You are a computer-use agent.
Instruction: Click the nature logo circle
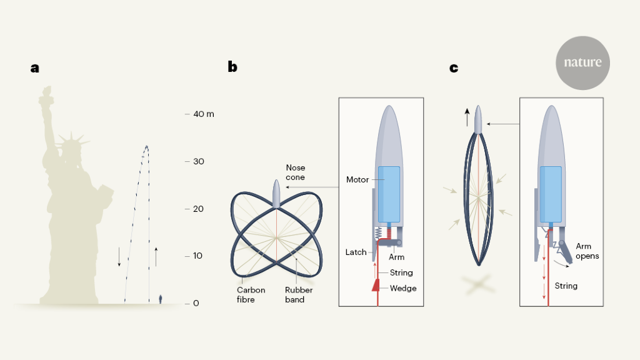coord(582,63)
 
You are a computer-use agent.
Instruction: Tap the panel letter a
coord(35,68)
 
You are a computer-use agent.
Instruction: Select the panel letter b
coord(232,66)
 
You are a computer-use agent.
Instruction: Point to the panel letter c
coord(454,68)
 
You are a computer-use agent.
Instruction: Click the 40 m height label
coord(204,114)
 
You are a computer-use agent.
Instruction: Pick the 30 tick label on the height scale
coord(199,161)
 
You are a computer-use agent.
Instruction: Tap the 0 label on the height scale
coord(196,303)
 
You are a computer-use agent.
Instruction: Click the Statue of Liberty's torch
coord(46,94)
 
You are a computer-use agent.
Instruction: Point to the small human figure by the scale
coord(161,299)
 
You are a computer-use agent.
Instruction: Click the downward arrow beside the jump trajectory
coord(119,257)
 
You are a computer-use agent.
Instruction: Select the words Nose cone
coord(295,172)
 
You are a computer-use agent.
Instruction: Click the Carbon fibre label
coord(251,295)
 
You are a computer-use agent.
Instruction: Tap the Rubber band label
coord(299,295)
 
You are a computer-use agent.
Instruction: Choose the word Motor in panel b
coord(357,179)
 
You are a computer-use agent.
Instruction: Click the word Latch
coord(356,252)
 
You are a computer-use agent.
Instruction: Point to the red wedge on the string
coord(376,285)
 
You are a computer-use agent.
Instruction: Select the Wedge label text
coord(403,288)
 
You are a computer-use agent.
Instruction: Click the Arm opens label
coord(587,251)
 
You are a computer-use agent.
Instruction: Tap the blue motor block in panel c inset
coord(551,194)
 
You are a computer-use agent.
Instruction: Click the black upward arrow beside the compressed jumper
coord(467,117)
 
